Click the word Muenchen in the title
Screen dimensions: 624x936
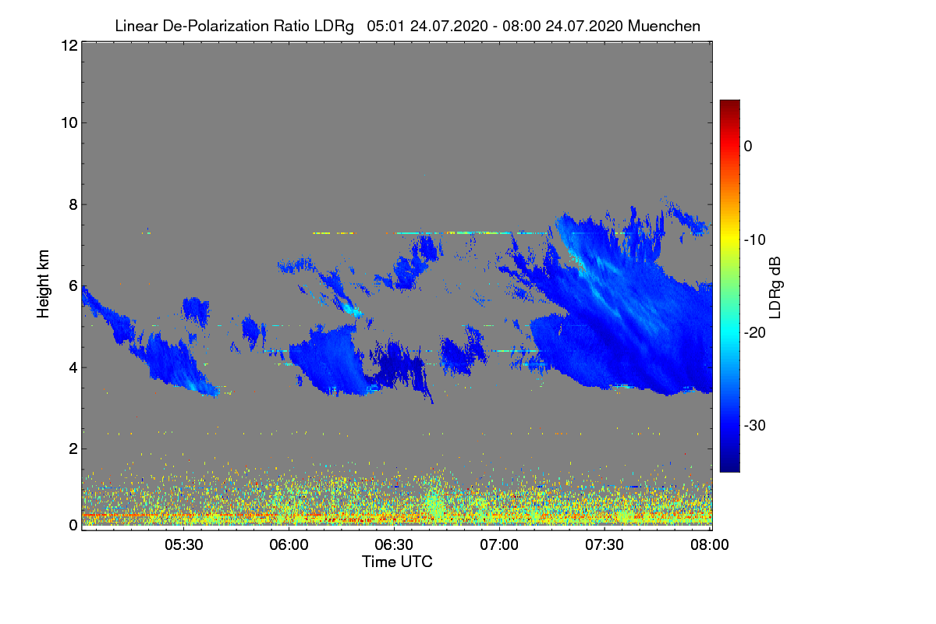point(664,26)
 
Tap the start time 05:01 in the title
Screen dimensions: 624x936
point(384,26)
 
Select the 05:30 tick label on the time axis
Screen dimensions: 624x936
point(184,545)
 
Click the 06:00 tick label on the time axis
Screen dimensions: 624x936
point(289,545)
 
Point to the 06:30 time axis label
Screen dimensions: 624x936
point(395,545)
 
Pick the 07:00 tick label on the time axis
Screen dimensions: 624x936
point(500,545)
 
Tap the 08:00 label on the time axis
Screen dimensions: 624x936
point(708,545)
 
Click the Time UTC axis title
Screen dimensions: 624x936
point(397,562)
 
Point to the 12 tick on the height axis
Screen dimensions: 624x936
point(68,45)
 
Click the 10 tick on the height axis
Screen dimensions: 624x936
point(68,122)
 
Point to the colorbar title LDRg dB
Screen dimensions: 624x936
point(797,286)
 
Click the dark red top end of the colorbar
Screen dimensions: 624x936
point(729,105)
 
